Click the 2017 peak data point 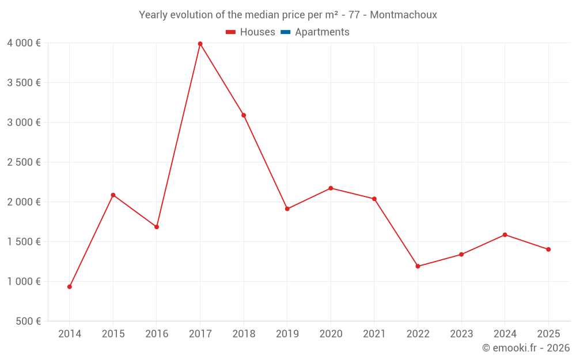click(x=200, y=44)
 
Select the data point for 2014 click(x=70, y=287)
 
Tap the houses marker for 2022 click(x=418, y=266)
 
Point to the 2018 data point click(x=244, y=115)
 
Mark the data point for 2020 click(x=331, y=188)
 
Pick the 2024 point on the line click(x=505, y=235)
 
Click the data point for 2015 click(x=113, y=195)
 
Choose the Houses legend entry click(x=257, y=32)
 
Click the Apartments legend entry click(x=322, y=32)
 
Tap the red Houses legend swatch click(x=231, y=32)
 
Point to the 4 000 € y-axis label click(x=24, y=43)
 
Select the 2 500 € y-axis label click(x=24, y=162)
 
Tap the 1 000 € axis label click(x=24, y=282)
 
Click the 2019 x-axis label click(x=287, y=334)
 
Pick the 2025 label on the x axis click(x=548, y=334)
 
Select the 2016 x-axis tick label click(x=157, y=334)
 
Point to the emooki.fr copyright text click(x=526, y=348)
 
